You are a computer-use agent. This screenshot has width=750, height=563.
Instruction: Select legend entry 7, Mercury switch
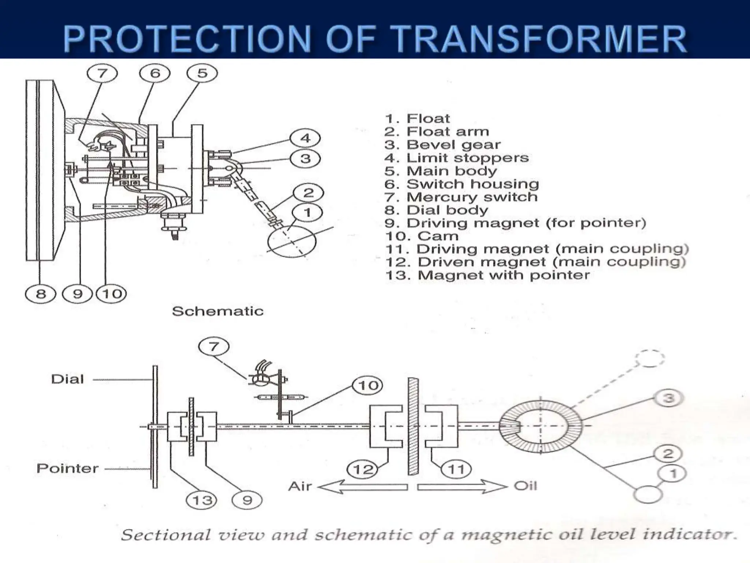[x=461, y=197]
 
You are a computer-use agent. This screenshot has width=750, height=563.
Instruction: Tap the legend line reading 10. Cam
[x=422, y=236]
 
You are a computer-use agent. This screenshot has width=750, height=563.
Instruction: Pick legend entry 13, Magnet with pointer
[x=487, y=275]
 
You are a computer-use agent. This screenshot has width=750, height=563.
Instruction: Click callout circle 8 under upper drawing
[x=40, y=294]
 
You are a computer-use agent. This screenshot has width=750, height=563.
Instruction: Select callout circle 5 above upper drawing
[x=202, y=73]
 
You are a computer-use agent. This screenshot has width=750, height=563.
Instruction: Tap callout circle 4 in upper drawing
[x=305, y=138]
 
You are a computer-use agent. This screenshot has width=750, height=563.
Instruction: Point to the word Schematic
[x=218, y=311]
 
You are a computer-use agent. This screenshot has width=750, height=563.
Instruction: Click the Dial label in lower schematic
[x=67, y=379]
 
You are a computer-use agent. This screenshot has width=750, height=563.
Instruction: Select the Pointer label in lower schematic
[x=67, y=468]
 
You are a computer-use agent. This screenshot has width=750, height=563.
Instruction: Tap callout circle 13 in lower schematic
[x=202, y=500]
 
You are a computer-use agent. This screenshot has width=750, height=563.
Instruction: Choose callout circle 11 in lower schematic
[x=456, y=469]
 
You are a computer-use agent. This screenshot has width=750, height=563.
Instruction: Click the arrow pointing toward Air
[x=363, y=487]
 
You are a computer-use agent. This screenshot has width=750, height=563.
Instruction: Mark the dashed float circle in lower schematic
[x=650, y=358]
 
